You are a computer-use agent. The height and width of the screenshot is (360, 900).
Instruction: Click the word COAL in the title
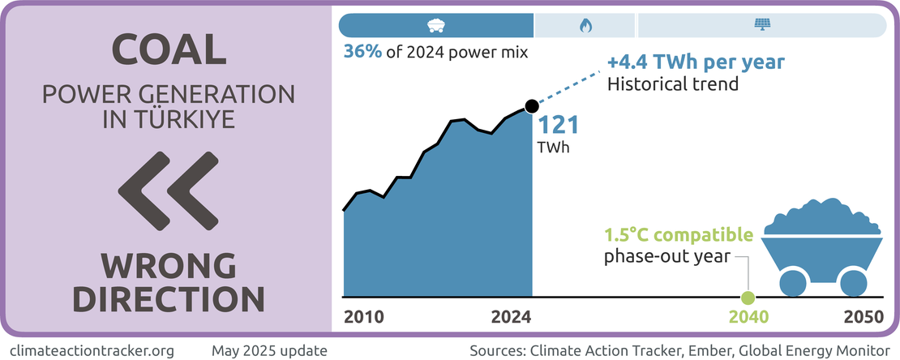point(168,49)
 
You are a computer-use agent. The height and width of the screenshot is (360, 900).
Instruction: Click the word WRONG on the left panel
point(168,265)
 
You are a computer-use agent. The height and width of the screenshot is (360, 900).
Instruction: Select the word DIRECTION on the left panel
point(168,298)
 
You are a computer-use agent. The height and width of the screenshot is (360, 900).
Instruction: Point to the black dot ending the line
point(532,106)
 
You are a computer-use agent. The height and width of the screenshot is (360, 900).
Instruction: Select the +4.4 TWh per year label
point(696,62)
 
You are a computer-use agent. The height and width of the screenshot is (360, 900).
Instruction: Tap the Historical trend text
point(673,83)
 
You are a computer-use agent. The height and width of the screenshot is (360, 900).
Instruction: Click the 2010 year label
point(364,317)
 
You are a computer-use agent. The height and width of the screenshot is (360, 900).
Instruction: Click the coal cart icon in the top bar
point(436,25)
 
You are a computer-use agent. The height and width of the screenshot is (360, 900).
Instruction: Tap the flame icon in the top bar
point(585,25)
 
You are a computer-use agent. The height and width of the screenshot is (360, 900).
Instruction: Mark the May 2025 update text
point(269,350)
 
